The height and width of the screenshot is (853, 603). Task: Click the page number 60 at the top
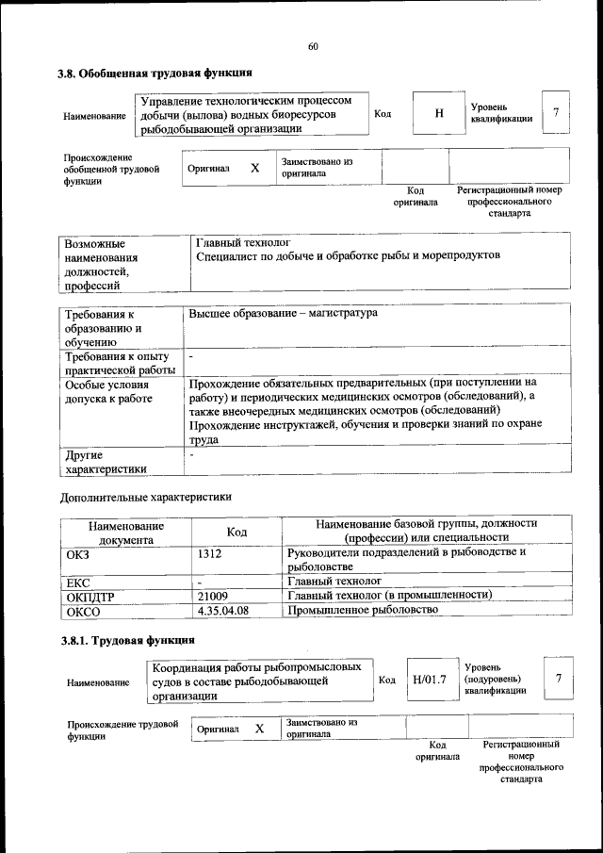click(313, 47)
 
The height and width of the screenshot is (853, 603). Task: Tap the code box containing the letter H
click(438, 114)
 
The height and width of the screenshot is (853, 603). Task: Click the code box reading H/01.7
click(429, 679)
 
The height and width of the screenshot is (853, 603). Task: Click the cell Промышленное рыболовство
click(363, 611)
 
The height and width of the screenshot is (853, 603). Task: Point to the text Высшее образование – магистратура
click(283, 312)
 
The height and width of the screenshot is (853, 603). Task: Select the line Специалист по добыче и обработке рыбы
click(348, 255)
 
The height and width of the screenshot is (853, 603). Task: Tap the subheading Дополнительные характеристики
click(145, 496)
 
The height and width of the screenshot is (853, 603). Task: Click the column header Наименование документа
click(126, 533)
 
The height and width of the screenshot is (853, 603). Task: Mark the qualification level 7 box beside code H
click(556, 113)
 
